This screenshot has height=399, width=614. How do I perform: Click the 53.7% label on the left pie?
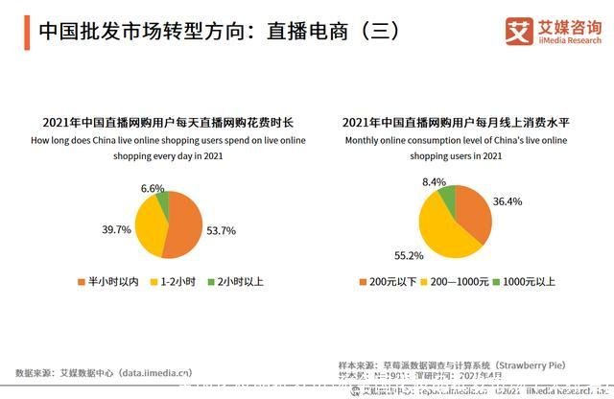pos(221,230)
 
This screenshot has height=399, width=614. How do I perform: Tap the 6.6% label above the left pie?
pos(153,188)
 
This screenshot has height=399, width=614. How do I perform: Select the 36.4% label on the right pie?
pos(507,201)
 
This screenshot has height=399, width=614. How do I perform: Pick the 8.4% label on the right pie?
pos(434,181)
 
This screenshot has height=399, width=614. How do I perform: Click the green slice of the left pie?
pos(163,203)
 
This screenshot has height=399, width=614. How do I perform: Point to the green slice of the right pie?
pos(447,197)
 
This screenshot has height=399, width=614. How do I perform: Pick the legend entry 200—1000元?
pos(454,282)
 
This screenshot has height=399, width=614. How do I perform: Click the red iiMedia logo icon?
pos(520,32)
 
